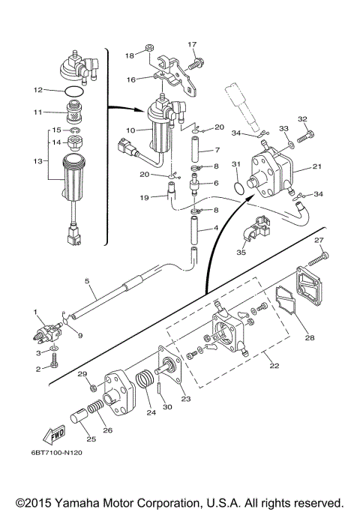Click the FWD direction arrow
[x=54, y=434]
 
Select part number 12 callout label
[x=38, y=90]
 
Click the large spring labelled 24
[x=145, y=379]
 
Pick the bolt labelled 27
[x=318, y=259]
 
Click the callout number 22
[x=274, y=365]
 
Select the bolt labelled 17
[x=196, y=64]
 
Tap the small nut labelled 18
[x=149, y=48]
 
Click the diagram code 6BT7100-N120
[x=56, y=453]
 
